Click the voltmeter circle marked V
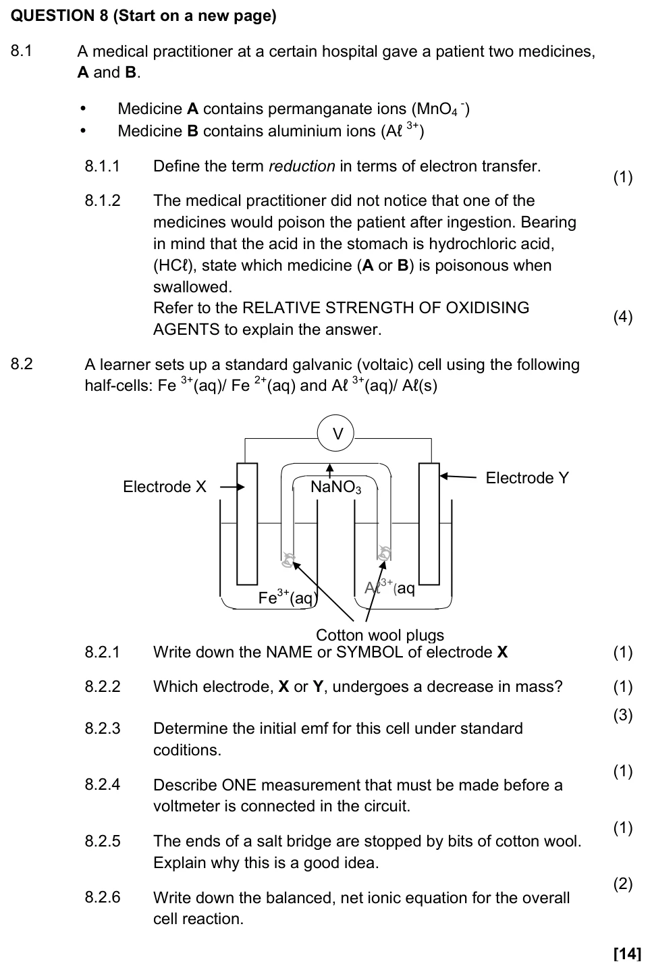335,433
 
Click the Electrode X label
165,487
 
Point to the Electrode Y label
527,478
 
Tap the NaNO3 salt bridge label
335,487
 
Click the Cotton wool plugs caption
380,635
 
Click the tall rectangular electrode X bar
247,524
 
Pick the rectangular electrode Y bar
429,524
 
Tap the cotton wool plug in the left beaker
288,559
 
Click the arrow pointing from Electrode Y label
458,477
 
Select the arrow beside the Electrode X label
232,487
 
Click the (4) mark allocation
623,317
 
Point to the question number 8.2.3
103,728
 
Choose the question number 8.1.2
103,200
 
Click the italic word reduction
302,166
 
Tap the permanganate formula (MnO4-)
441,109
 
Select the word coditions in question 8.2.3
187,750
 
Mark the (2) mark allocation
623,884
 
